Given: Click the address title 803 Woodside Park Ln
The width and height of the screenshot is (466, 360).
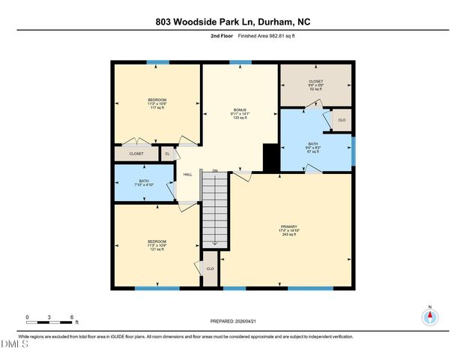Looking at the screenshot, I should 232,22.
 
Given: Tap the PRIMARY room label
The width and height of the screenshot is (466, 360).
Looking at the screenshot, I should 289,226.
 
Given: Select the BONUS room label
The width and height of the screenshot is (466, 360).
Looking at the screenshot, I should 240,109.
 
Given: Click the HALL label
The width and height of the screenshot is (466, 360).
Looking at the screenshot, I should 187,174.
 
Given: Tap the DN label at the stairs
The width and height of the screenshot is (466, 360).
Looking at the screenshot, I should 214,171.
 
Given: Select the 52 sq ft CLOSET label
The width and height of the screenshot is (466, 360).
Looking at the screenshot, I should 315,85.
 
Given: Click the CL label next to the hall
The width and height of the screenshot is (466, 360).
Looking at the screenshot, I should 168,154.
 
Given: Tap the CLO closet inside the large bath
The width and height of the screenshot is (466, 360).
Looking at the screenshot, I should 342,120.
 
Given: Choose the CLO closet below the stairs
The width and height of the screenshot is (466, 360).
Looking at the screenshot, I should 211,268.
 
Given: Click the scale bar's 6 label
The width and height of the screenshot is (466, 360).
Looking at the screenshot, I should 72,317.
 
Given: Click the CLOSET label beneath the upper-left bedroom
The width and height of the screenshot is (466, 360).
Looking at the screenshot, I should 136,154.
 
